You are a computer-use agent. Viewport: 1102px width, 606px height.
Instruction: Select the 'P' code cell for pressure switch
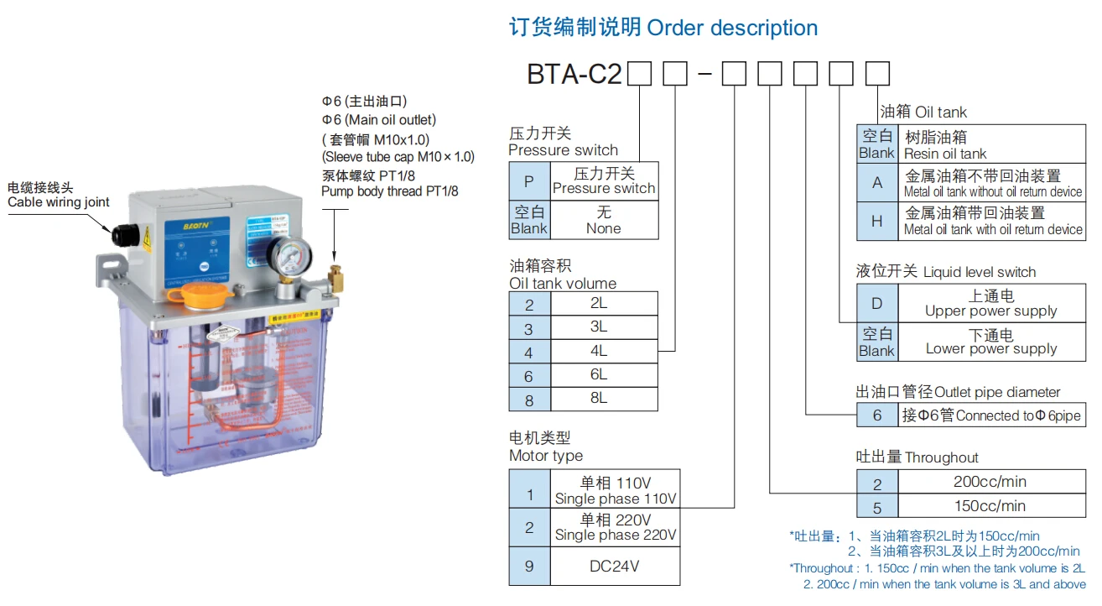click(529, 180)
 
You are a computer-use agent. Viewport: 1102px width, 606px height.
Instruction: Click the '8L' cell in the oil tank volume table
click(598, 399)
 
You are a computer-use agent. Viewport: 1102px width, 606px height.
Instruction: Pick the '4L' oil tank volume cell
click(598, 351)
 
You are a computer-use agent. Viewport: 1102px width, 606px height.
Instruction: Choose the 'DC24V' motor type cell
click(615, 566)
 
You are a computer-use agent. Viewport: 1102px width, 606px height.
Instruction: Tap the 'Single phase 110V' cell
click(615, 490)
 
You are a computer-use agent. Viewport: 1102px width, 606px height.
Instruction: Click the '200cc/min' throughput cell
click(990, 482)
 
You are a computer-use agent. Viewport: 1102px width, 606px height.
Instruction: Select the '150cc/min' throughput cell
click(990, 505)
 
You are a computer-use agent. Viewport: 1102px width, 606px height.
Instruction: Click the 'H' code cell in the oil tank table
click(877, 221)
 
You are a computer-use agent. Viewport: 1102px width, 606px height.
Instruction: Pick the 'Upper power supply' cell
click(990, 303)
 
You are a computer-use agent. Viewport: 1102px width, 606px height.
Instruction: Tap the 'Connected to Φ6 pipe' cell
click(990, 415)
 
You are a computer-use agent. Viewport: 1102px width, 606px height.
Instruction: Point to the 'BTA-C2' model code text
click(574, 75)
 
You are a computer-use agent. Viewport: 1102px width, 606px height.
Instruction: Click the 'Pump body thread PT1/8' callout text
click(389, 191)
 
